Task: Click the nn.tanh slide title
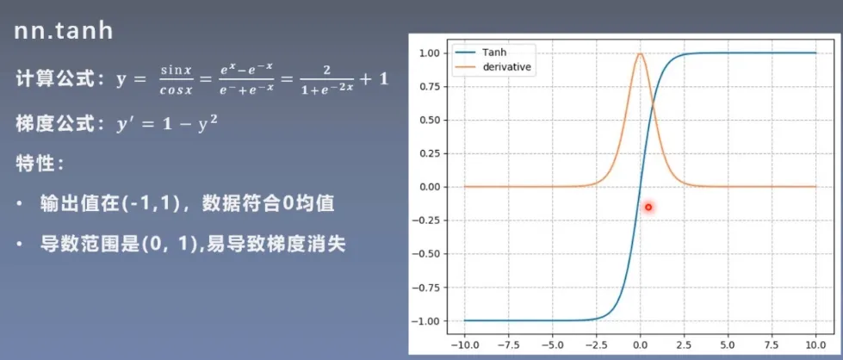click(x=64, y=31)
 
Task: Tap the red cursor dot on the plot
click(x=648, y=207)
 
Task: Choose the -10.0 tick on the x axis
click(x=463, y=344)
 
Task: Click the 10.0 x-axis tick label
click(x=816, y=344)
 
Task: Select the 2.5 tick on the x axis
click(x=684, y=344)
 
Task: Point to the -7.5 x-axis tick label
click(x=507, y=344)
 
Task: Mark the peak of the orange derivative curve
click(x=640, y=53)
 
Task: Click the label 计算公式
click(x=52, y=80)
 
